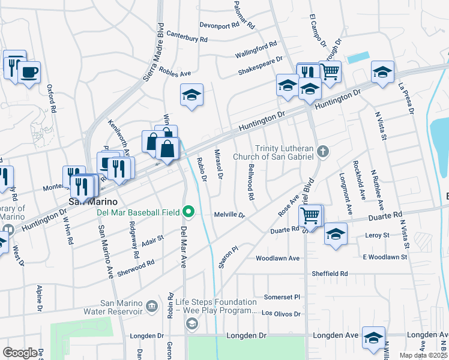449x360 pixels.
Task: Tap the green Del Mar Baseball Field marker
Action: tap(189, 211)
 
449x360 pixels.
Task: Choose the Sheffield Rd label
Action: tap(330, 274)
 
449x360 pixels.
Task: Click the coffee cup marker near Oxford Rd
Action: tap(29, 73)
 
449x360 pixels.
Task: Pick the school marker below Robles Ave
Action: tap(191, 95)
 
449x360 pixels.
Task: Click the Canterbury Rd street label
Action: tap(187, 37)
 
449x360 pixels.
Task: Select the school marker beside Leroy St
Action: tap(335, 234)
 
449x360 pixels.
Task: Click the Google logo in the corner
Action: tap(20, 353)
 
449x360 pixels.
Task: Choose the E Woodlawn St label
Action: tap(384, 257)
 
